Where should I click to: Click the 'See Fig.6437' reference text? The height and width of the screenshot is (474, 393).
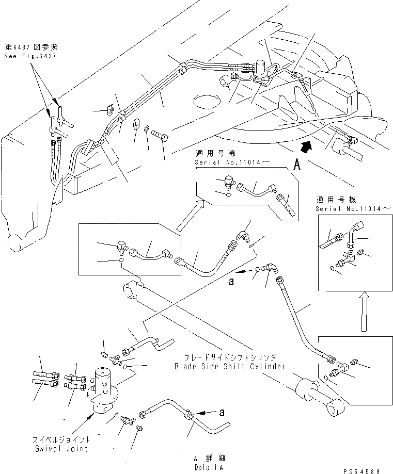(x=29, y=56)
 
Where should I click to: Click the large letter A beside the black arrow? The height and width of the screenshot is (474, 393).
(x=297, y=165)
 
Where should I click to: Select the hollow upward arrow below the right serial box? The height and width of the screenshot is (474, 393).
(x=363, y=309)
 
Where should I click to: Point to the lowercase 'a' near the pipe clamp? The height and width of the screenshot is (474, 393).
(x=221, y=413)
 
